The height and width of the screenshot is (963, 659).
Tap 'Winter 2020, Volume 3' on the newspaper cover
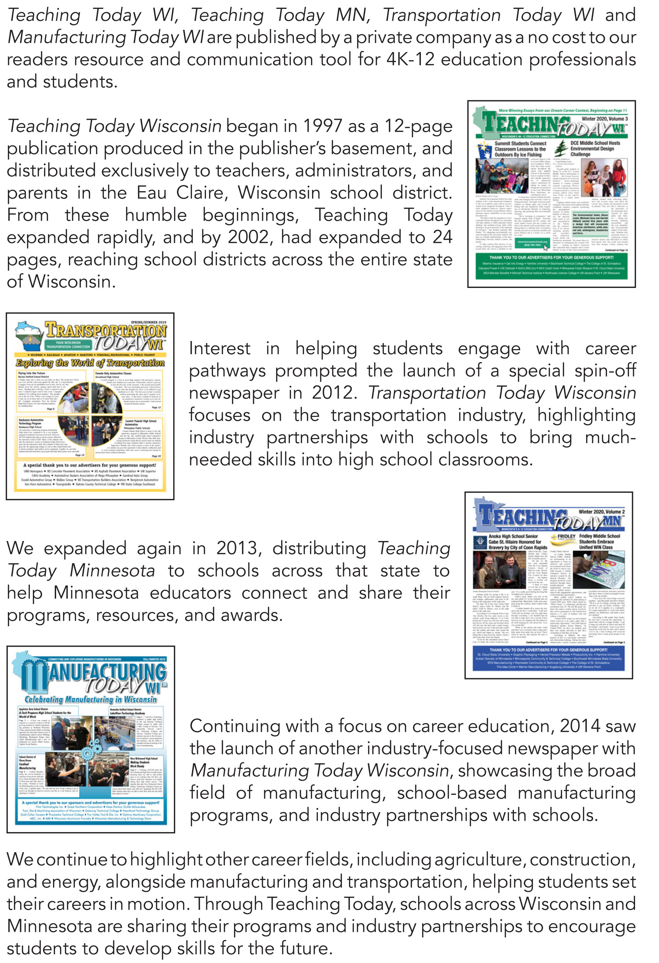(604, 119)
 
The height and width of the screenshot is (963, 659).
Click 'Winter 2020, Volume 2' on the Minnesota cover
(602, 512)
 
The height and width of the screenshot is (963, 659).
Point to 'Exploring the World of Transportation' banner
(90, 362)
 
